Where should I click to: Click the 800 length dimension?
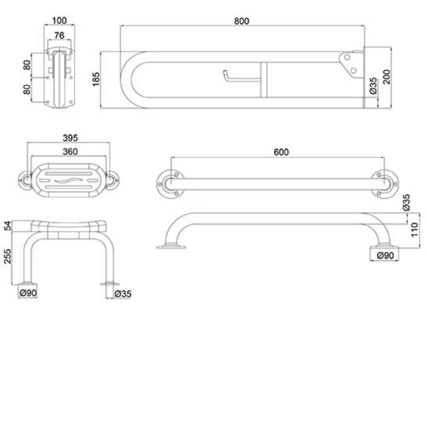242,21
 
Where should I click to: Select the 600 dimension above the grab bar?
281,152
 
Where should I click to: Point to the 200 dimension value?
386,77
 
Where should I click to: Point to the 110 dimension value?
414,230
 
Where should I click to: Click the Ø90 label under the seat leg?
29,294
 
